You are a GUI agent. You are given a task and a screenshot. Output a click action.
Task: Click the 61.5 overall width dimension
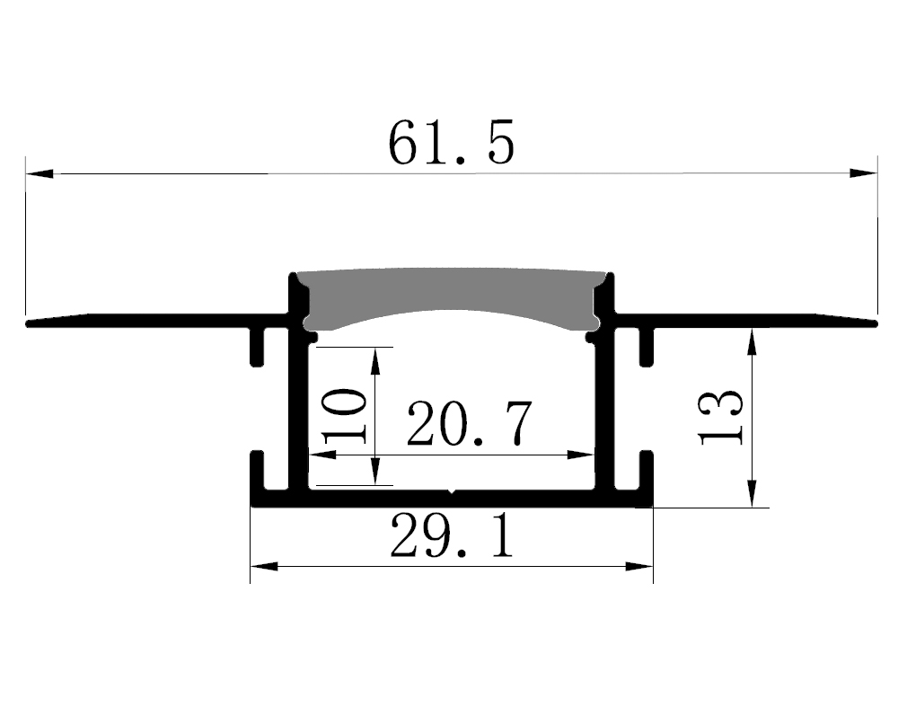452,143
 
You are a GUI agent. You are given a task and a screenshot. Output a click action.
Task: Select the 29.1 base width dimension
452,536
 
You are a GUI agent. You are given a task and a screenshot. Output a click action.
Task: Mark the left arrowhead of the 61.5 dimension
40,173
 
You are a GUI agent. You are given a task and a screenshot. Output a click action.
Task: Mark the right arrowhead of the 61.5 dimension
863,173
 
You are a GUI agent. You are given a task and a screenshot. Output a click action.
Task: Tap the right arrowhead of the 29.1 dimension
638,567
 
